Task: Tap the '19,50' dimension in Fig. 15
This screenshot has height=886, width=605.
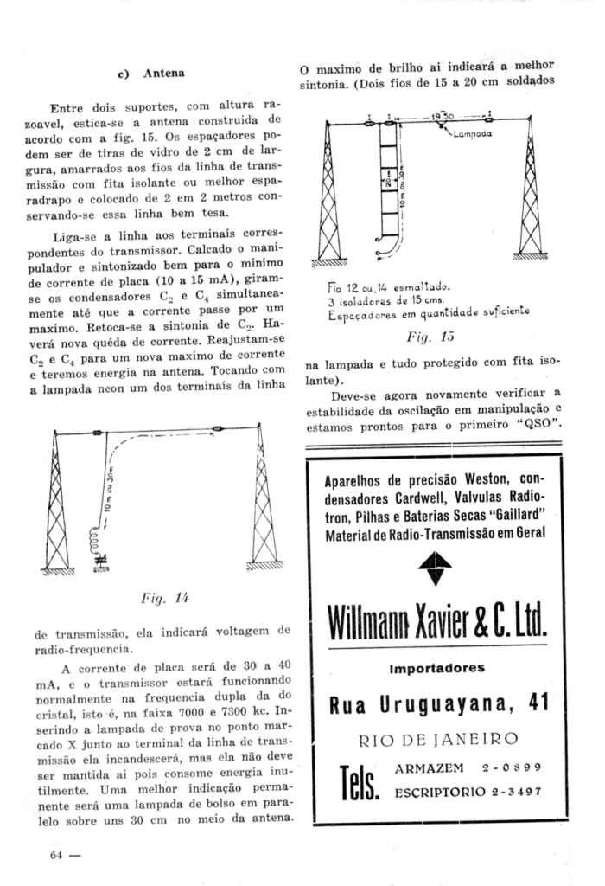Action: click(443, 114)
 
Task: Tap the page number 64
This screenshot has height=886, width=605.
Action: click(59, 856)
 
